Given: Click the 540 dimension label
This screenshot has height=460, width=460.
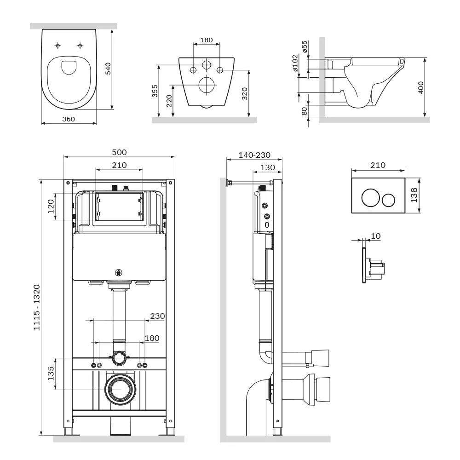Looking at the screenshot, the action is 108,69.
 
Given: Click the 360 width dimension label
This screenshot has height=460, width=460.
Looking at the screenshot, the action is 69,119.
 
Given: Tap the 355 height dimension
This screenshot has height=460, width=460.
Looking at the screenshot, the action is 155,91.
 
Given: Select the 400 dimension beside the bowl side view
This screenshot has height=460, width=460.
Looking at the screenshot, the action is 421,87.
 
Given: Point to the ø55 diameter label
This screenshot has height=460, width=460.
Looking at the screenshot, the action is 305,46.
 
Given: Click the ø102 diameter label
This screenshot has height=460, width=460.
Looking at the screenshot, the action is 295,63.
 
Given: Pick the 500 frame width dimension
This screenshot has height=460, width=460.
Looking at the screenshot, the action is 119,152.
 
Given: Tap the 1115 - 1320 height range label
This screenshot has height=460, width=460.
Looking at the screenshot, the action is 36,307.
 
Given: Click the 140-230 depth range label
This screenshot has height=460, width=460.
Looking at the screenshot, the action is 254,155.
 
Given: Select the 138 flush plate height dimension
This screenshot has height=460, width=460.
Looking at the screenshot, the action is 414,195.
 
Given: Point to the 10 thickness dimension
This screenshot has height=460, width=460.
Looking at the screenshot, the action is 375,236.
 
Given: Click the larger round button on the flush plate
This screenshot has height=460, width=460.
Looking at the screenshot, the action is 371,198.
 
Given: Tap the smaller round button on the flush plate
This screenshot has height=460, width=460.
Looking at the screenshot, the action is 388,200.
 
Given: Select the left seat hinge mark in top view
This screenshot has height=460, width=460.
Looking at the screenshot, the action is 58,46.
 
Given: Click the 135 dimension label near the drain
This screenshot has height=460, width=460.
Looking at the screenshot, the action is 51,373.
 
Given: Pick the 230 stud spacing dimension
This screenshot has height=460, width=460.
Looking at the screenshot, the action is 157,316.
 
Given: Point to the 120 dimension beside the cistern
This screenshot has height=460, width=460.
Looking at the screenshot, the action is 51,206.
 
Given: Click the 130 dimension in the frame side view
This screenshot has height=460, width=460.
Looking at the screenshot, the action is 268,167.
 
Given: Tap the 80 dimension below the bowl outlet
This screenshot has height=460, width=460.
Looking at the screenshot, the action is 304,111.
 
